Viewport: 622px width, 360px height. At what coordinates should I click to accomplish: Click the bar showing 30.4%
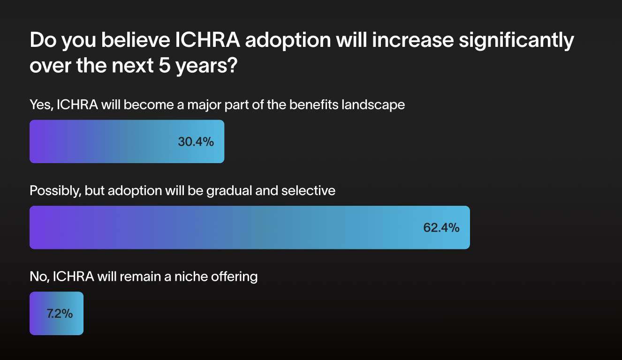(x=127, y=142)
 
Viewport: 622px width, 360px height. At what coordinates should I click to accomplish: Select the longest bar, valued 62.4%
(x=250, y=227)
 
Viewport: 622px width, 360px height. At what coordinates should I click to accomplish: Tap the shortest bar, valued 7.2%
(x=56, y=313)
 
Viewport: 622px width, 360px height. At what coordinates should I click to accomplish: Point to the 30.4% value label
(x=196, y=142)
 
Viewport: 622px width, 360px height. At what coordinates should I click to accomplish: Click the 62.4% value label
(x=441, y=228)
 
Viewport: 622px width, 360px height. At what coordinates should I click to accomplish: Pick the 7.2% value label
(x=60, y=314)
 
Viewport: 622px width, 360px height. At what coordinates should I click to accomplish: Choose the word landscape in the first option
(x=372, y=105)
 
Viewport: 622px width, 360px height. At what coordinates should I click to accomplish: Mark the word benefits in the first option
(x=312, y=105)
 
